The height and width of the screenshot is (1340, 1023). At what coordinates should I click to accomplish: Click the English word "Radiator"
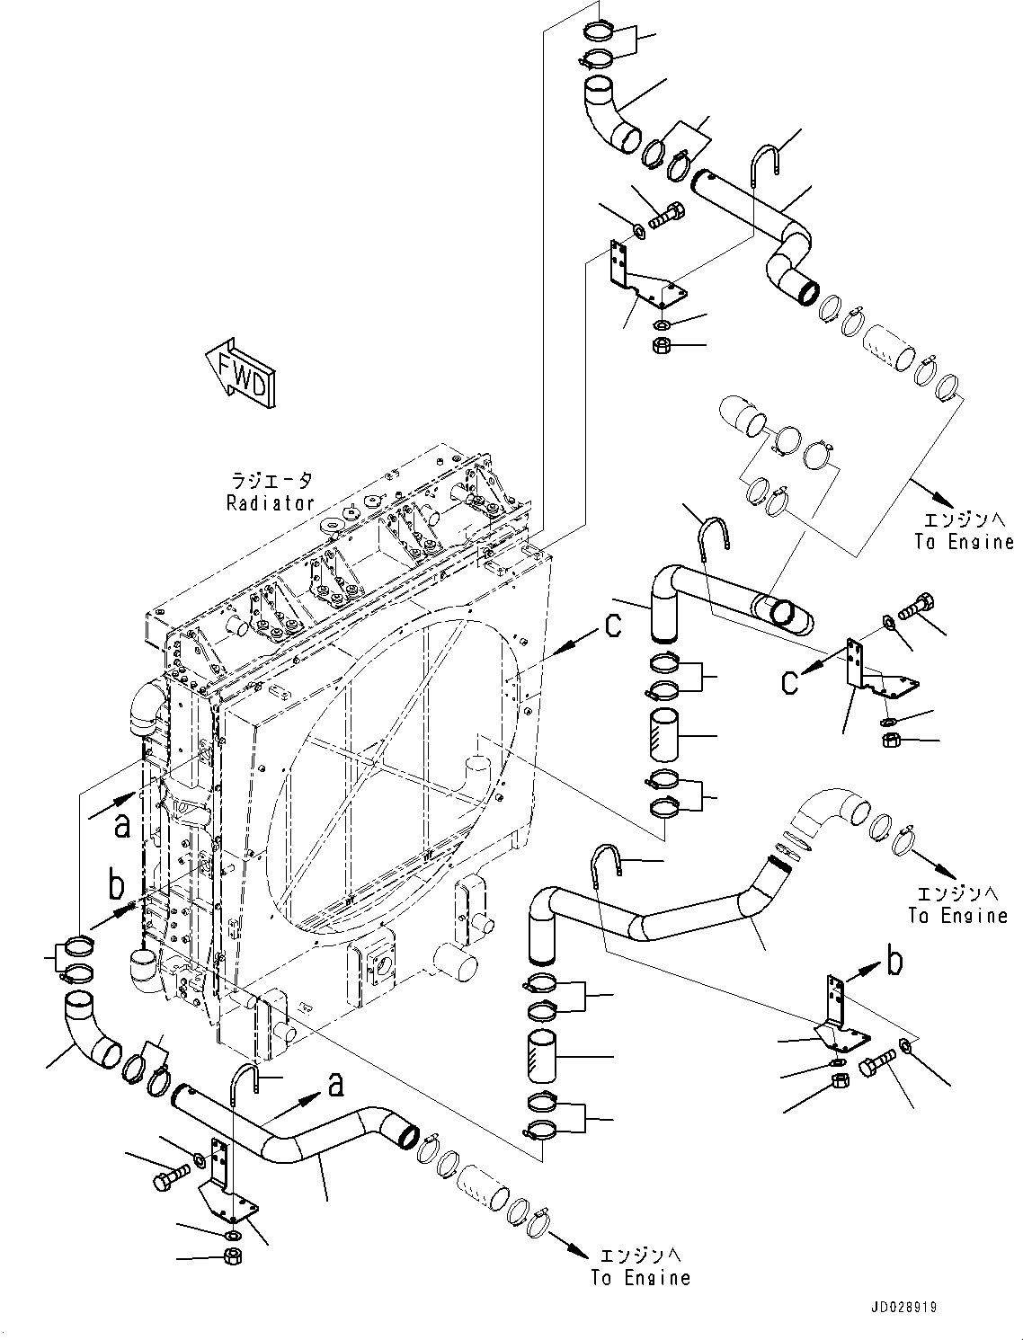pos(270,503)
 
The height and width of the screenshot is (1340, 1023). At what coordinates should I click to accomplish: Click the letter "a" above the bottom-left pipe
pos(334,1086)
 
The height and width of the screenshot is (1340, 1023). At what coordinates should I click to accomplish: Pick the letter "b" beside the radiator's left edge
pos(117,886)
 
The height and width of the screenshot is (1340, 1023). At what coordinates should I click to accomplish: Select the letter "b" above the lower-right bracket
pos(894,962)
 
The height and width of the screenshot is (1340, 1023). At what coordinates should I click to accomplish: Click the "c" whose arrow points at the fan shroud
pos(612,625)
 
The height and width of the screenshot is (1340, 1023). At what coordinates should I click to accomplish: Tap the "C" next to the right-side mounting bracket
pos(788,682)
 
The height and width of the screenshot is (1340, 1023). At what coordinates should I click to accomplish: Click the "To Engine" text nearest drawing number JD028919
pos(640,1277)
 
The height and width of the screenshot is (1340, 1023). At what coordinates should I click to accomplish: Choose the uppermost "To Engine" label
pos(964,542)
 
